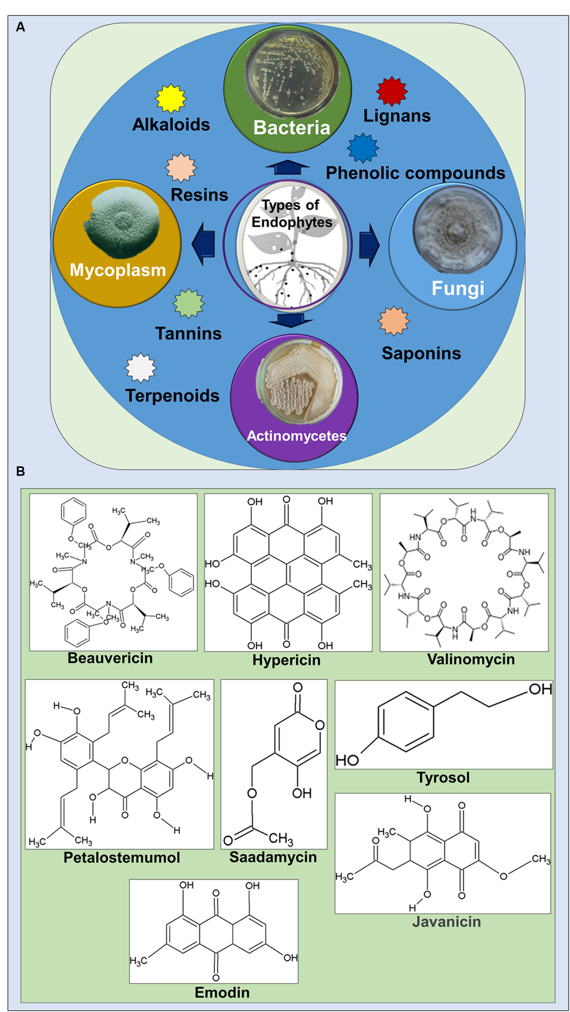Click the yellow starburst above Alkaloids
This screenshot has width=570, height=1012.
171,98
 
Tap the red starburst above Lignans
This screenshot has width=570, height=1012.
392,91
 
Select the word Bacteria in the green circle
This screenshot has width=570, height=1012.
292,128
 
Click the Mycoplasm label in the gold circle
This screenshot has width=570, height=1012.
118,270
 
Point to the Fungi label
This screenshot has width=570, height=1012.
458,288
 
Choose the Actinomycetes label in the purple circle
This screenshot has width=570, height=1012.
297,436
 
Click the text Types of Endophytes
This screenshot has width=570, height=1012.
292,214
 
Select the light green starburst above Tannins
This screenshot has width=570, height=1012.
189,304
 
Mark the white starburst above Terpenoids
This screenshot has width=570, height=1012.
140,368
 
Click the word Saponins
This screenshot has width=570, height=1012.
421,353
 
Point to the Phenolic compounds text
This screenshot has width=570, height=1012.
415,173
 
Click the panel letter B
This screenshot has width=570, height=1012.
20,471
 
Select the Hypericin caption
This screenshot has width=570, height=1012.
286,660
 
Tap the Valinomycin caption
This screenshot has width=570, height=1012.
471,659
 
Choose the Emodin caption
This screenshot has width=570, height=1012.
222,992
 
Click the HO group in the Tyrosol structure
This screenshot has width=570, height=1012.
347,760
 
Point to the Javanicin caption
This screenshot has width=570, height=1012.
446,922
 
